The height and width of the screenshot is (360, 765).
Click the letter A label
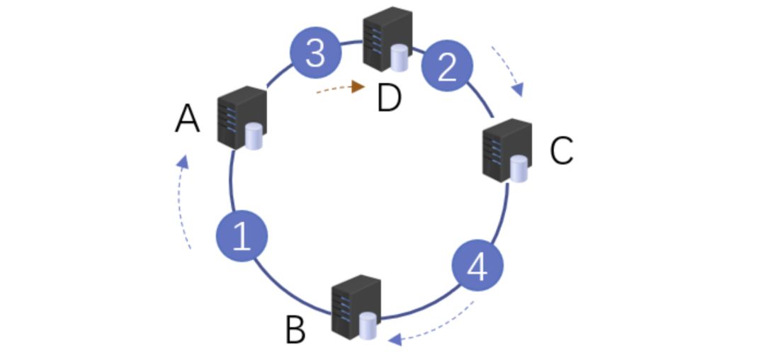click(x=187, y=119)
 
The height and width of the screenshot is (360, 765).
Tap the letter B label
click(x=295, y=330)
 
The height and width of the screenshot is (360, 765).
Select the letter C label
click(x=561, y=150)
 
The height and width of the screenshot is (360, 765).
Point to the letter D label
click(x=389, y=98)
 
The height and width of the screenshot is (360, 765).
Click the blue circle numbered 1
click(x=242, y=235)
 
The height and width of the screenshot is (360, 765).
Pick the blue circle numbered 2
click(x=447, y=67)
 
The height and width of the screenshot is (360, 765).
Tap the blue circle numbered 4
click(x=478, y=266)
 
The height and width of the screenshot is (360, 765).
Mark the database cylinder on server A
click(x=253, y=137)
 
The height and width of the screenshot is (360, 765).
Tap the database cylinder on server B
click(x=367, y=326)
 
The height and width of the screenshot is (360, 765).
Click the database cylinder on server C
click(x=518, y=169)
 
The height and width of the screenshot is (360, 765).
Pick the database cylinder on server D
click(x=400, y=58)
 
